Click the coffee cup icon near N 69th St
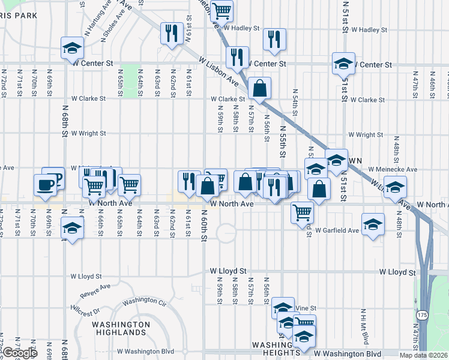(45, 184)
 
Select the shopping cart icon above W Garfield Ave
(302, 211)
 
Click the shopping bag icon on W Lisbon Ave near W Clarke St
(260, 88)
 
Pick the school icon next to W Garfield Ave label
(373, 225)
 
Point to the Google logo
(19, 353)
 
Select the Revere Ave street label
(97, 291)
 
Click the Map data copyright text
(427, 355)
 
